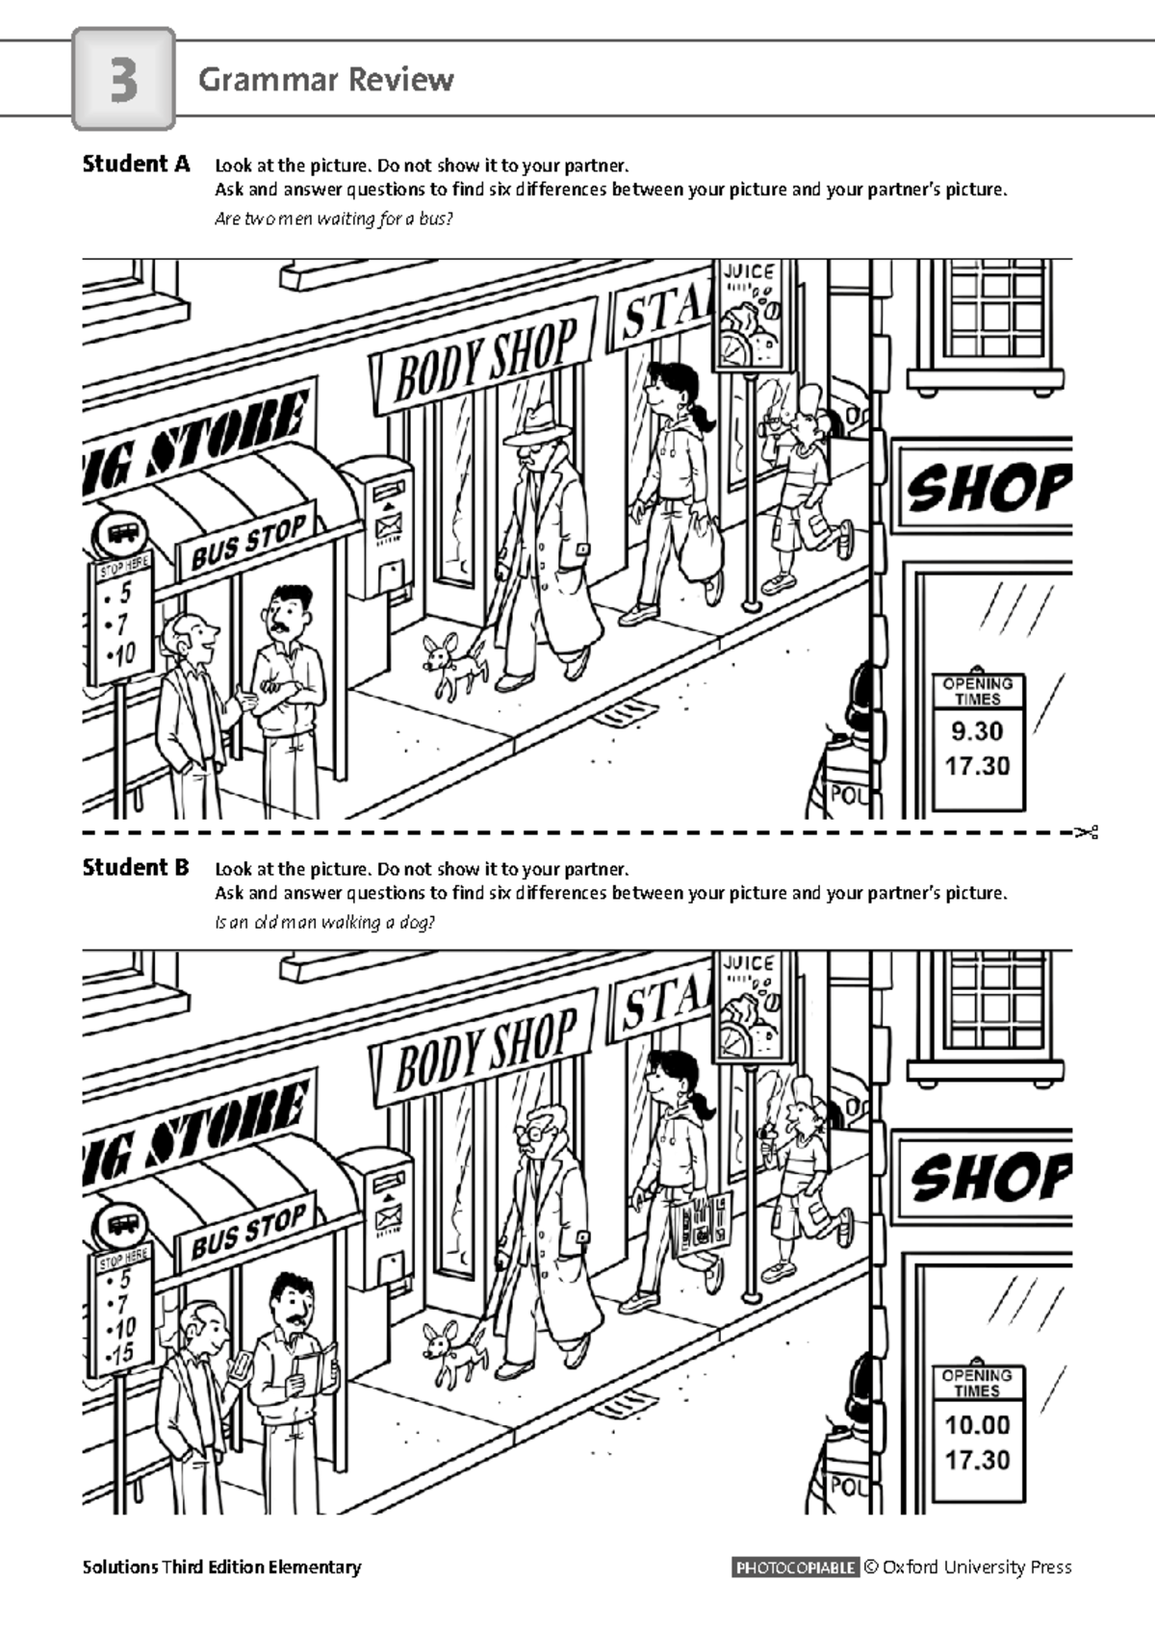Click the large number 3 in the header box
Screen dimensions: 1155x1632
click(x=124, y=80)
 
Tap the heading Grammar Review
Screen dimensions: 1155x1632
click(x=325, y=80)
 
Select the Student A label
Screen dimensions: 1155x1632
click(x=136, y=164)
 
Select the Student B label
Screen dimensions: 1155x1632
click(x=136, y=868)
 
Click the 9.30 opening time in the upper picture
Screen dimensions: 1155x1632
click(x=977, y=730)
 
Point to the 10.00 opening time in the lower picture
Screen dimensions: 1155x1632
click(x=977, y=1424)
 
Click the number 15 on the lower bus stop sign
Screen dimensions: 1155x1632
click(x=121, y=1353)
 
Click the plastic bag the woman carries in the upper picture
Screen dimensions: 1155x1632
click(x=702, y=542)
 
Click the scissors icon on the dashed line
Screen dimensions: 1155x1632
click(x=1088, y=831)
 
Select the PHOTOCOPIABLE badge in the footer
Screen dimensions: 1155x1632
click(x=795, y=1567)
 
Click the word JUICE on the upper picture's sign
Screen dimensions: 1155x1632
click(x=748, y=272)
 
